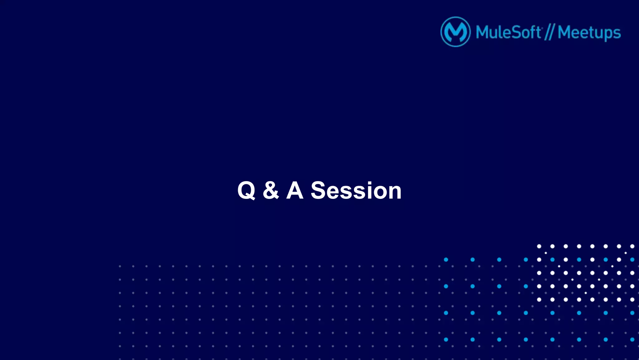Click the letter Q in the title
pyautogui.click(x=246, y=190)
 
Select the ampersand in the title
pyautogui.click(x=271, y=190)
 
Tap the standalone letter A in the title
pyautogui.click(x=295, y=190)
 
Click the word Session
pyautogui.click(x=356, y=190)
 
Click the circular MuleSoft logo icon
pyautogui.click(x=455, y=32)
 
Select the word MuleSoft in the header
pyautogui.click(x=508, y=32)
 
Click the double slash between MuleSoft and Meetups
pyautogui.click(x=549, y=32)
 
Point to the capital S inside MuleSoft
pyautogui.click(x=515, y=32)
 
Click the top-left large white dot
pyautogui.click(x=539, y=246)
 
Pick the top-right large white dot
pyautogui.click(x=632, y=246)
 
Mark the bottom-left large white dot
pyautogui.click(x=539, y=299)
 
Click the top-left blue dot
pyautogui.click(x=446, y=259)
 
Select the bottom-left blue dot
pyautogui.click(x=446, y=339)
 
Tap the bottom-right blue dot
pyautogui.click(x=632, y=339)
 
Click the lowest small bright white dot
pyautogui.click(x=586, y=293)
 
